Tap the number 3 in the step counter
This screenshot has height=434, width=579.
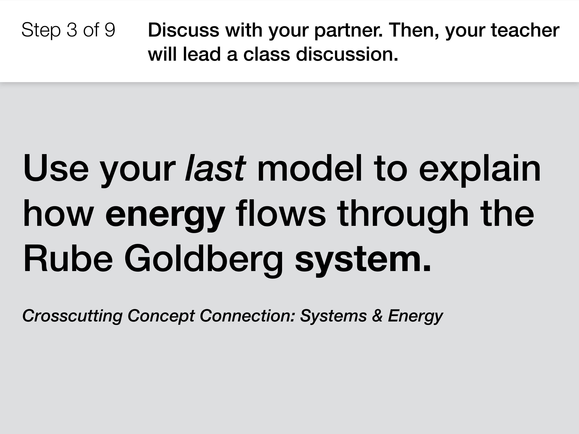pos(72,30)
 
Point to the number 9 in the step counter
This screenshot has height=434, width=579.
pos(110,30)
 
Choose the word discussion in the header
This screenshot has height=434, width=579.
pos(347,54)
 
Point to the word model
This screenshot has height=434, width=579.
pos(310,168)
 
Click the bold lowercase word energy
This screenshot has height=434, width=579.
pos(165,216)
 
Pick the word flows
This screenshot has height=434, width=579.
pos(281,213)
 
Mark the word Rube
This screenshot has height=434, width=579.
pos(68,258)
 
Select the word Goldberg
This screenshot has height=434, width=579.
pos(203,261)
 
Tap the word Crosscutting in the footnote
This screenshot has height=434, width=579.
pos(72,316)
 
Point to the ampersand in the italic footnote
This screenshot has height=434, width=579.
pos(377,315)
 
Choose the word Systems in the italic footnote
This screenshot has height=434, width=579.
pos(333,316)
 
